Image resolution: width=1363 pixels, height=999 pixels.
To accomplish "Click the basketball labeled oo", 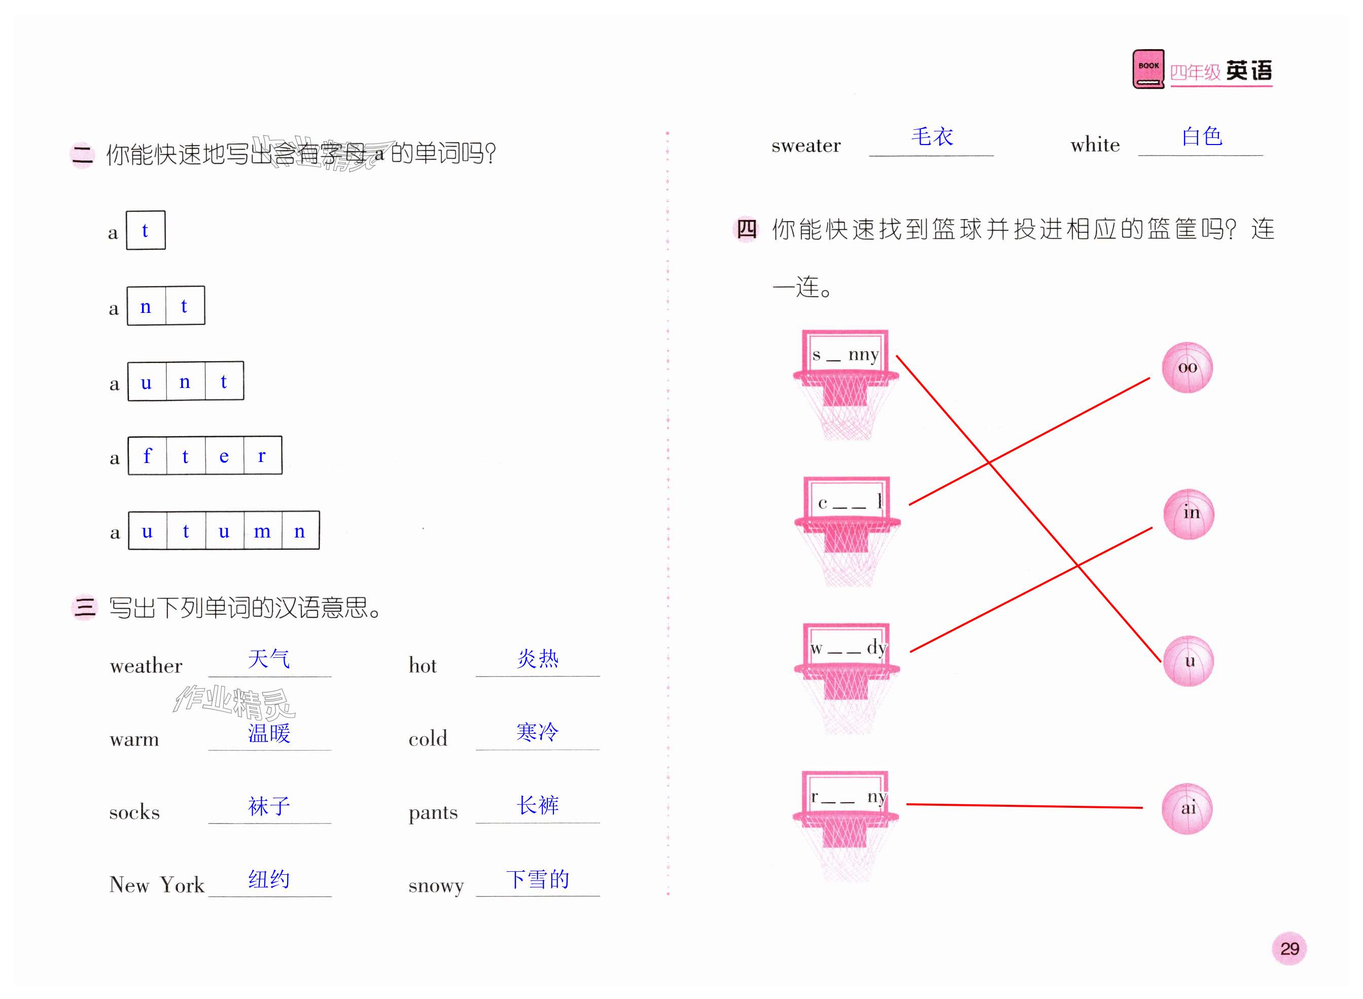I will point(1186,368).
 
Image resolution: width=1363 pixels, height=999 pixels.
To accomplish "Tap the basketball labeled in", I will point(1189,513).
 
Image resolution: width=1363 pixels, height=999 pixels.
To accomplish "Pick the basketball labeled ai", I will point(1187,808).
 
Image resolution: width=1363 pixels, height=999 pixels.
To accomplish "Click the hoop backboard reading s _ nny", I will point(845,352).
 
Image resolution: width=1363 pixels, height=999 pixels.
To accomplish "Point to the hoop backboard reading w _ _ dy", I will point(846,647).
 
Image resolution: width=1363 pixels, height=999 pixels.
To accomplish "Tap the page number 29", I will point(1288,948).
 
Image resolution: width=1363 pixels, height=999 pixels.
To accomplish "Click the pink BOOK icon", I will point(1147,69).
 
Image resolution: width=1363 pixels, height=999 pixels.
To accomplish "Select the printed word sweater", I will point(806,146).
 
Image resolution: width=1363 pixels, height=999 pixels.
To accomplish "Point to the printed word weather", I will point(146,666).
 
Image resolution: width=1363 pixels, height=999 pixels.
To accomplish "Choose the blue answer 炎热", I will point(537,658).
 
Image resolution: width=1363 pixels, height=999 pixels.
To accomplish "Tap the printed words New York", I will point(157,885).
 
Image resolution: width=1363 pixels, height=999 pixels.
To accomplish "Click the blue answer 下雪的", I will point(537,879).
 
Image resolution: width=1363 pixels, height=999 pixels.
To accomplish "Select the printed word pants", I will point(433,812).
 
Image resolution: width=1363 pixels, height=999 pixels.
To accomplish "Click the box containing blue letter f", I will point(147,455).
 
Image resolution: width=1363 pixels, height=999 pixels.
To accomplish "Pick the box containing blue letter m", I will point(262,530).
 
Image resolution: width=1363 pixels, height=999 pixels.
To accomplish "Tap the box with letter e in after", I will point(224,455).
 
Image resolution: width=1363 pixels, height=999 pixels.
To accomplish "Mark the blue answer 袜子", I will point(269,805).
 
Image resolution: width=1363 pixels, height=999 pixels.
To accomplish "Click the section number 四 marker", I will point(746,229).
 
